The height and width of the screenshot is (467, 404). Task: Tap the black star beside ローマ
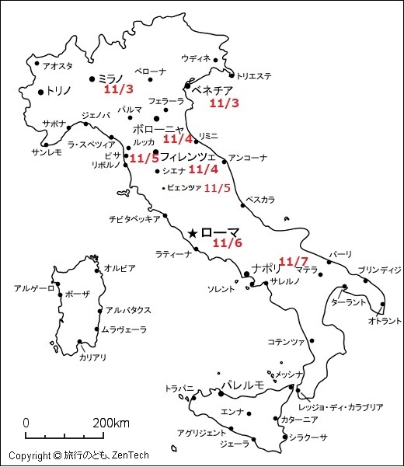click(x=193, y=232)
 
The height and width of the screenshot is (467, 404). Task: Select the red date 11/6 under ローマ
click(x=228, y=243)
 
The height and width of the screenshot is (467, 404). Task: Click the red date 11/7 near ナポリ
click(x=294, y=261)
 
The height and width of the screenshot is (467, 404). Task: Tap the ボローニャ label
click(x=158, y=129)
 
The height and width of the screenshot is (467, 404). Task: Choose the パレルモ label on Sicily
click(x=243, y=385)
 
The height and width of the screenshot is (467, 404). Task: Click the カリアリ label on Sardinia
click(x=92, y=357)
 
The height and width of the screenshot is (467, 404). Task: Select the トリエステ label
click(x=254, y=76)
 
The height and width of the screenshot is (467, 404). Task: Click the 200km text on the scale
click(x=112, y=423)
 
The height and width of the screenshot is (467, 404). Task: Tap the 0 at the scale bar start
click(x=26, y=423)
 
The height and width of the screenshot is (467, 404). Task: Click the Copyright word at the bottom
click(x=30, y=455)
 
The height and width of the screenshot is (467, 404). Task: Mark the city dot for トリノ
click(x=40, y=92)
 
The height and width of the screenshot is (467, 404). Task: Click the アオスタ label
click(x=59, y=66)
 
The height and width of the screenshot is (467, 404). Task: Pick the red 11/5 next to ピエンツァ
click(x=217, y=187)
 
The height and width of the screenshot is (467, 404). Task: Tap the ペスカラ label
click(x=260, y=200)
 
